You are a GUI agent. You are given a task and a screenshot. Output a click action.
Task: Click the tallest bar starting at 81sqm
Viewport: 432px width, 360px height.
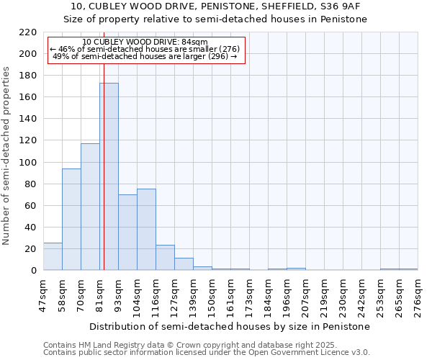109,176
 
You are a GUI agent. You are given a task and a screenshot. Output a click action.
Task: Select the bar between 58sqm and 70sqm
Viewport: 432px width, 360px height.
71,220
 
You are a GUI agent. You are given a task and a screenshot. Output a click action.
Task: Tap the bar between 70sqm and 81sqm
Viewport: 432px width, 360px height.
90,207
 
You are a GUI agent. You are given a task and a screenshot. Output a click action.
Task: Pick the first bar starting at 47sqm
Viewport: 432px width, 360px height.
53,256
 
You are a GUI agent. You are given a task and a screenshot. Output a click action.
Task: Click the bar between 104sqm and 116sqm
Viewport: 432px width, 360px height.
146,229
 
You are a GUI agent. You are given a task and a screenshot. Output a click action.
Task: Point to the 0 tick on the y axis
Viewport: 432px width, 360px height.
34,271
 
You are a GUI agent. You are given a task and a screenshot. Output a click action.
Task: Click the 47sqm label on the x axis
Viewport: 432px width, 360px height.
44,296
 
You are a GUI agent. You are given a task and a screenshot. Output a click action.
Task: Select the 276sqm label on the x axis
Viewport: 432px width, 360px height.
418,296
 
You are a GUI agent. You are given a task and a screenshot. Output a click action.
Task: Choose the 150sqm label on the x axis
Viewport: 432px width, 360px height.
212,296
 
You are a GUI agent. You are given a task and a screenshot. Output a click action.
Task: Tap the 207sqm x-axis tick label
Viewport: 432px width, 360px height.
306,296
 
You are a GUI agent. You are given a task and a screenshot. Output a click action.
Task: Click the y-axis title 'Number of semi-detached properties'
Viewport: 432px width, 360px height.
7,156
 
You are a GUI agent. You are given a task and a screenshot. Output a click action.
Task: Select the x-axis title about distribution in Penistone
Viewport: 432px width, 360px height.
230,326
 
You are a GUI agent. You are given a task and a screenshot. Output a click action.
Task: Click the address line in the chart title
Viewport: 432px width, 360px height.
215,6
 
